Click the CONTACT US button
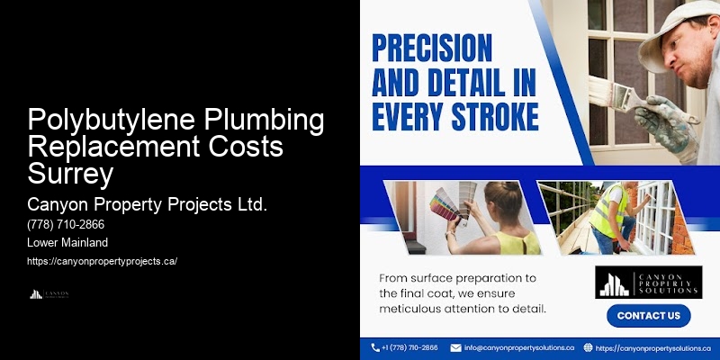648,316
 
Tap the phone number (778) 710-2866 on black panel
66,225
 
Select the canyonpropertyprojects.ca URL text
103,261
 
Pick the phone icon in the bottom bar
376,347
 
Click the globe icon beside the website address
588,347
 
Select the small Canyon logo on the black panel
49,293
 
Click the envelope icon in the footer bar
456,347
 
